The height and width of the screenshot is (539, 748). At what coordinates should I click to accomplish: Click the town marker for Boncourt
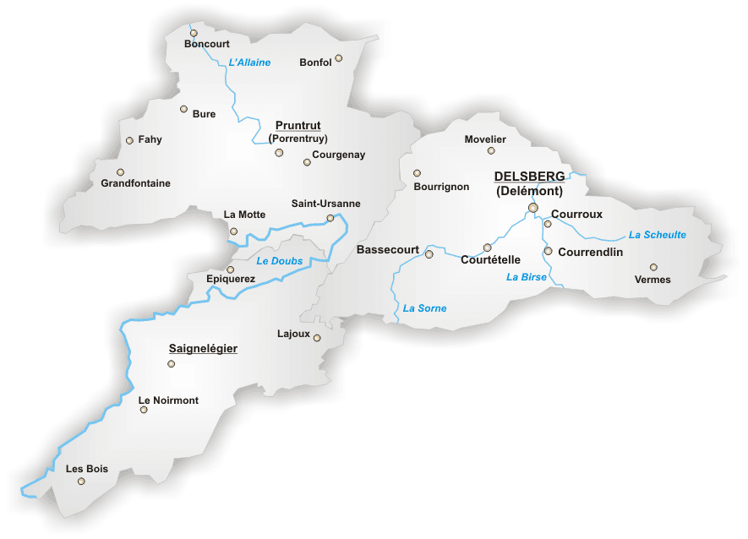click(194, 33)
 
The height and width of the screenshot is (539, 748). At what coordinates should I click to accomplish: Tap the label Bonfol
click(315, 63)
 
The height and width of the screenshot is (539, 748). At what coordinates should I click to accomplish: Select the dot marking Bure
click(183, 109)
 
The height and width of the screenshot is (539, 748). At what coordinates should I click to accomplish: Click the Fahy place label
click(150, 140)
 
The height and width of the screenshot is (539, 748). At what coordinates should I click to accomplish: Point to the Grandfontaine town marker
click(120, 171)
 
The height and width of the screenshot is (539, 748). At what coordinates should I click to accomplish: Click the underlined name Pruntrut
click(298, 125)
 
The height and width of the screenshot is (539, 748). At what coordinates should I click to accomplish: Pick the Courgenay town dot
click(307, 161)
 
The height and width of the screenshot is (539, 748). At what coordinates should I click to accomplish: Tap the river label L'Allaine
click(249, 63)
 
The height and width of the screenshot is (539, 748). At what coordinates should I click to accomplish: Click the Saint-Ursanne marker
click(330, 218)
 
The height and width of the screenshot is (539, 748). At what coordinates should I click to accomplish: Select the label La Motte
click(244, 215)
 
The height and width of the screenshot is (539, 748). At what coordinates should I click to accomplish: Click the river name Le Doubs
click(279, 261)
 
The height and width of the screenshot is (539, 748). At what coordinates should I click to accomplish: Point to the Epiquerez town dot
click(230, 269)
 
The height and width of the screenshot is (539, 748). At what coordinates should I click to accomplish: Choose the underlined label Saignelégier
click(203, 348)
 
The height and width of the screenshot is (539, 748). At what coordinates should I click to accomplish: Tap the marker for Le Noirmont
click(144, 410)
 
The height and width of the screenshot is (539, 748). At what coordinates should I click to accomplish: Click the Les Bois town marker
click(81, 482)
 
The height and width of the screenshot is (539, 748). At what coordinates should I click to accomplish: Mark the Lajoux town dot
click(317, 338)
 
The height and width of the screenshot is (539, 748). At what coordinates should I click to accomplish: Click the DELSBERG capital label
click(529, 177)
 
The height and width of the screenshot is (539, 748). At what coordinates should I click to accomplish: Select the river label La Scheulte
click(657, 235)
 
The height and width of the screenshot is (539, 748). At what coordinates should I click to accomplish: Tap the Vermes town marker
click(653, 267)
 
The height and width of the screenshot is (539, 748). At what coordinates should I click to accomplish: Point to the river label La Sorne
click(424, 308)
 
